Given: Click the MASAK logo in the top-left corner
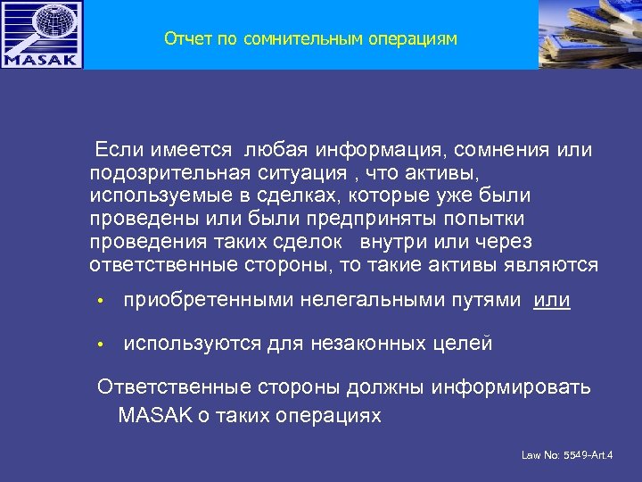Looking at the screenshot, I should coord(42,35).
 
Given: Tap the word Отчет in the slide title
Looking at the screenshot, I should coord(185,39).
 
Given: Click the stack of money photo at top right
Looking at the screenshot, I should coord(590,34).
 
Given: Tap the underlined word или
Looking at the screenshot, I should coord(552,301).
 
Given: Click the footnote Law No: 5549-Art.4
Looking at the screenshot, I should coord(567,455).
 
